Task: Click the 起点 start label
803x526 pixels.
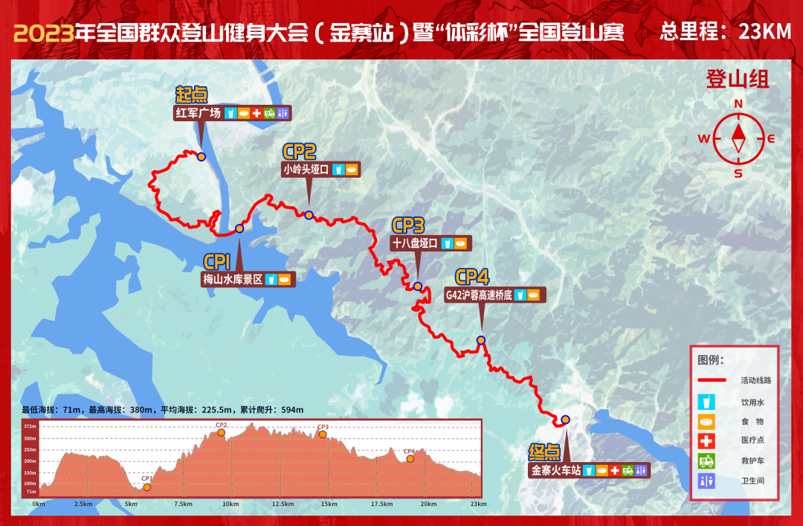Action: [x=191, y=95]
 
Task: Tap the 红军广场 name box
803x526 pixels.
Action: [x=198, y=114]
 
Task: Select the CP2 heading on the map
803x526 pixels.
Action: [x=300, y=152]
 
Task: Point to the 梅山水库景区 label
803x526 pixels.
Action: [x=233, y=280]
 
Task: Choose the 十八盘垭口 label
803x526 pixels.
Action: [x=414, y=243]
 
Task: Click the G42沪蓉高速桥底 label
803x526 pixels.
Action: [x=479, y=295]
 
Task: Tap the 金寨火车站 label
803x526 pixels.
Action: [x=555, y=470]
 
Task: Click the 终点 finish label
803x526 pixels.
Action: [x=545, y=452]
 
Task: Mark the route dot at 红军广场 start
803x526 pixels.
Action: [x=201, y=156]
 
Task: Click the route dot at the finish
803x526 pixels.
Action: [x=565, y=420]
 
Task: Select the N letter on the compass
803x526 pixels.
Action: [x=738, y=104]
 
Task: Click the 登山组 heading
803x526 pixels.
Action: [x=738, y=79]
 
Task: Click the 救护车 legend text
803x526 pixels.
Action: [x=752, y=461]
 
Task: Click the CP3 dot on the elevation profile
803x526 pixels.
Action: [x=323, y=434]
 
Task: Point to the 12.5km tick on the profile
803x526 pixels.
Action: [x=283, y=504]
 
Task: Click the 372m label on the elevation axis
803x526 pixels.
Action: [x=29, y=426]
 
